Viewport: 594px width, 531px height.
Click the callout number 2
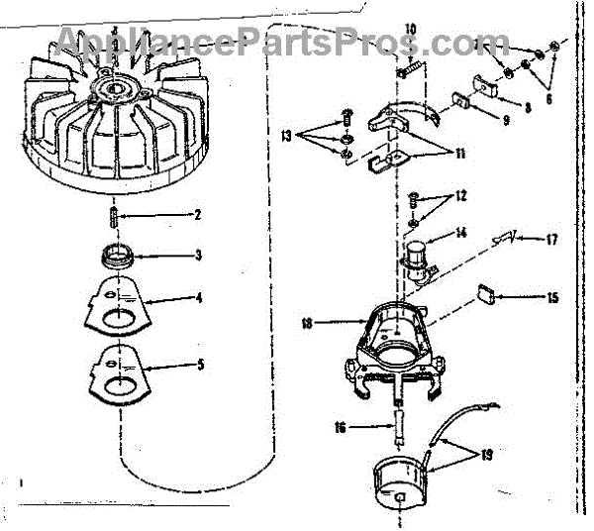(198, 215)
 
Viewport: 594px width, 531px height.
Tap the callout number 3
(198, 256)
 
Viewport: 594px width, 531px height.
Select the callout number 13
(287, 134)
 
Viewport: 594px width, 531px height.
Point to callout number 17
(554, 239)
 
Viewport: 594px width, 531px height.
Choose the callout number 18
(308, 322)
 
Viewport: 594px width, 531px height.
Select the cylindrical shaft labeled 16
(399, 429)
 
